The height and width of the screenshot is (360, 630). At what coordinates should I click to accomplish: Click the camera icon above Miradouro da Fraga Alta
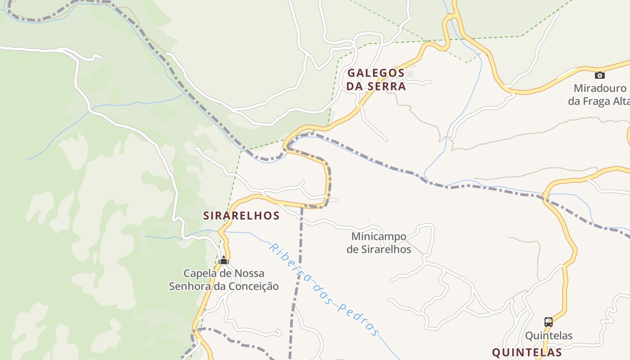click(x=599, y=75)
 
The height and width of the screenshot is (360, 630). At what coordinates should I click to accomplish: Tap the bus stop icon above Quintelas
click(x=548, y=322)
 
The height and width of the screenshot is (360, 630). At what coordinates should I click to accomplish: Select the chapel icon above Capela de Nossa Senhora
click(x=224, y=260)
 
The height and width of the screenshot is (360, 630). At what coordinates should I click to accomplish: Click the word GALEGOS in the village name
click(x=376, y=73)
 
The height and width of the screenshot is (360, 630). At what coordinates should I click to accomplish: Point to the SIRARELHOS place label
click(x=241, y=216)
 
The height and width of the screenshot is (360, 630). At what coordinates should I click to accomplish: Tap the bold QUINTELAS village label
click(x=526, y=352)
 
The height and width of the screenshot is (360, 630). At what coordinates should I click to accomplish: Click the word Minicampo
click(x=378, y=236)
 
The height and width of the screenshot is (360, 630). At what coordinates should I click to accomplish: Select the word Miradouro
click(x=599, y=88)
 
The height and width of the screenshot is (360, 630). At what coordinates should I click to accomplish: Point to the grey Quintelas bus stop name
click(x=549, y=336)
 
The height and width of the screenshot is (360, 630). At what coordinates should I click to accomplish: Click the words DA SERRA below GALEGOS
click(x=376, y=86)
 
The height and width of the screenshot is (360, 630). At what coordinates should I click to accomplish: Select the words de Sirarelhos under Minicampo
click(x=378, y=249)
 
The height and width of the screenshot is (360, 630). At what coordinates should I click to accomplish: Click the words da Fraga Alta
click(x=598, y=101)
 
